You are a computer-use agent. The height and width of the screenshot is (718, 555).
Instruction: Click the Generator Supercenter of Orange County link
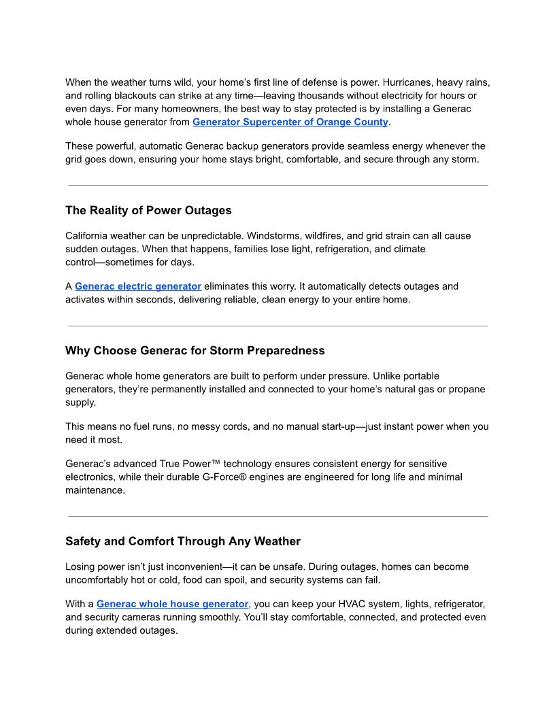tap(290, 122)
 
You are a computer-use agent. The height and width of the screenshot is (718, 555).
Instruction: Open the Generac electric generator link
tap(138, 286)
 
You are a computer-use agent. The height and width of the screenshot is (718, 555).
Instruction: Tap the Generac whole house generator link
tap(173, 604)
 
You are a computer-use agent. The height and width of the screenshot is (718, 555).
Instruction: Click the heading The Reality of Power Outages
tap(148, 211)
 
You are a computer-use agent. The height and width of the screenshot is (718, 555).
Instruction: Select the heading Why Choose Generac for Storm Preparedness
tap(195, 351)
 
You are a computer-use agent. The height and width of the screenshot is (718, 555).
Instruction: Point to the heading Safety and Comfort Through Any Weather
tap(183, 542)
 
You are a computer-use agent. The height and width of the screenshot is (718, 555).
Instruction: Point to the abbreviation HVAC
tap(330, 604)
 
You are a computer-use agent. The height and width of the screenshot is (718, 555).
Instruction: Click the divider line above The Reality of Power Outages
tap(277, 185)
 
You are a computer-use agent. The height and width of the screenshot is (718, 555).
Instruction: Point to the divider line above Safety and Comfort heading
tap(277, 516)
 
